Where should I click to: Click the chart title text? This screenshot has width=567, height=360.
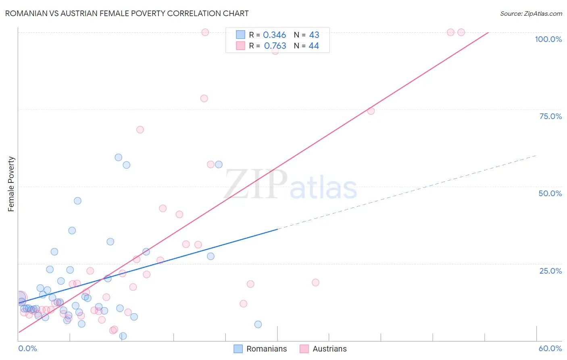coord(127,13)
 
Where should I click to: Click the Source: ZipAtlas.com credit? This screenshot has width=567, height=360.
coord(531,13)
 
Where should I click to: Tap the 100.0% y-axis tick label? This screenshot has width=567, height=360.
coord(548,39)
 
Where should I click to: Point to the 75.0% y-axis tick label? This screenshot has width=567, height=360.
coord(550,116)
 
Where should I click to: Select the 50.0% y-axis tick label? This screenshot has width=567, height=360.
coord(550,193)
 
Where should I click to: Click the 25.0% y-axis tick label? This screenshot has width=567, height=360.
coord(550,271)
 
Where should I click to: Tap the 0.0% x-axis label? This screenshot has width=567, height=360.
coord(27,348)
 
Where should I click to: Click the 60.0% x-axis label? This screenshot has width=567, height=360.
coord(550,348)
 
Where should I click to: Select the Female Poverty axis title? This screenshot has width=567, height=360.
coord(11,184)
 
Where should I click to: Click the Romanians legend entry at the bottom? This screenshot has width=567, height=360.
coord(261,349)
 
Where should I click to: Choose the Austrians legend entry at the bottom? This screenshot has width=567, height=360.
coord(323,349)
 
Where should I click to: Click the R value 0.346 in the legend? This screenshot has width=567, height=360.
coord(274,35)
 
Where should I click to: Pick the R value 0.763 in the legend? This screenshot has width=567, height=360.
coord(275,46)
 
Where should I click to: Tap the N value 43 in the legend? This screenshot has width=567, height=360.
coord(314,35)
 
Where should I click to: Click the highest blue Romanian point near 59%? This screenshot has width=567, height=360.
coord(119,157)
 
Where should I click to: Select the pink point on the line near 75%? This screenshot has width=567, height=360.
coord(371,111)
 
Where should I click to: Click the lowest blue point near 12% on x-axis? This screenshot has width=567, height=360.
coord(123,336)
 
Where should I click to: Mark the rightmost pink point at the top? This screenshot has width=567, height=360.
coord(461,32)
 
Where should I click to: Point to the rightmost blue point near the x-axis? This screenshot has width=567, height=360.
coord(258,324)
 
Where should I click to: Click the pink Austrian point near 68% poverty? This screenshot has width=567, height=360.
coord(140,130)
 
